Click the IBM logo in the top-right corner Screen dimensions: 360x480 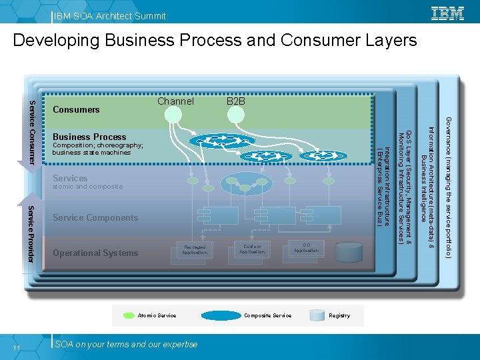click(448, 13)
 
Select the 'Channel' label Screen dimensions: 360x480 click(175, 101)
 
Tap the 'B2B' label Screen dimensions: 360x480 click(236, 101)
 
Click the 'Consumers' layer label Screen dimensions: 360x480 click(76, 109)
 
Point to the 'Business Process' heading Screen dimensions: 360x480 click(89, 137)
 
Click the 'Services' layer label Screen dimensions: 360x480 click(70, 178)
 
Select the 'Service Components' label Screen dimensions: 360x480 click(95, 217)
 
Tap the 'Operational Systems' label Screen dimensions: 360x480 click(95, 253)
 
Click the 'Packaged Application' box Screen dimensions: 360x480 click(195, 249)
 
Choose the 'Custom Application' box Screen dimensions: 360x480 click(252, 249)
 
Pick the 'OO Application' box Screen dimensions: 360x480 click(306, 247)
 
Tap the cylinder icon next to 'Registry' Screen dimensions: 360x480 click(318, 315)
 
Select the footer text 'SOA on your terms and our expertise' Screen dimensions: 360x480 click(127, 344)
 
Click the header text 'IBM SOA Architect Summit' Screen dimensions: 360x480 click(111, 15)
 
